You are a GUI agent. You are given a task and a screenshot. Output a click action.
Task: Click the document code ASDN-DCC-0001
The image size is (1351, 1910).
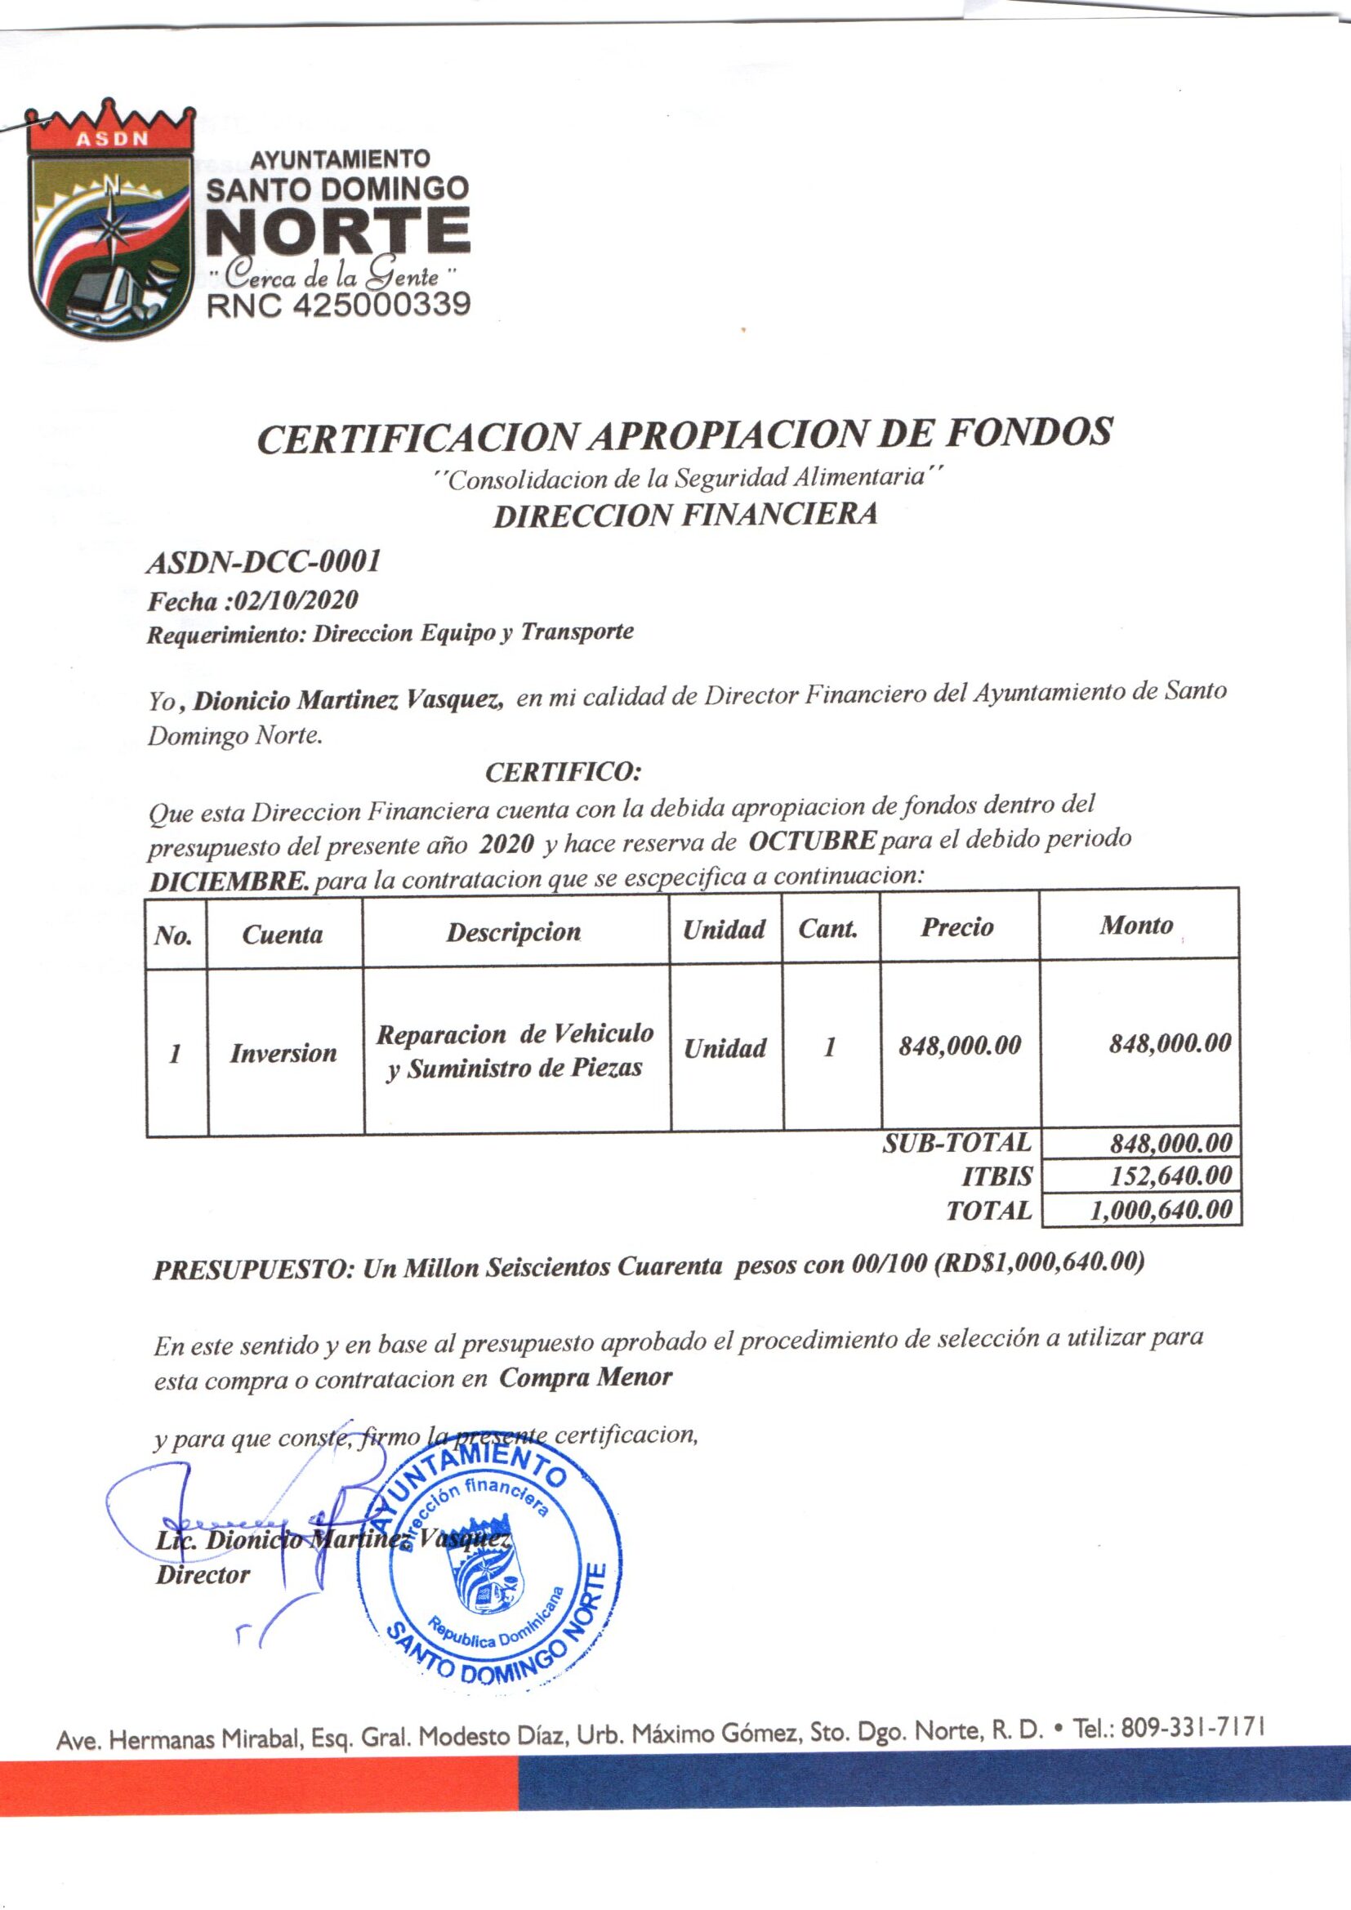pyautogui.click(x=264, y=563)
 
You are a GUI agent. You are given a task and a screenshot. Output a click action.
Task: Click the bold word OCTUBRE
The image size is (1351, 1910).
pyautogui.click(x=812, y=840)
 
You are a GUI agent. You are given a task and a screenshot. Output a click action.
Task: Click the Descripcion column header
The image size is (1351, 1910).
pyautogui.click(x=513, y=931)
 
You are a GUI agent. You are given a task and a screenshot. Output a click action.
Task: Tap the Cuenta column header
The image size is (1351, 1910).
pyautogui.click(x=283, y=935)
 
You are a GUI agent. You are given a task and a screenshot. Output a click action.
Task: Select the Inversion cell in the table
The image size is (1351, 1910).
pyautogui.click(x=283, y=1053)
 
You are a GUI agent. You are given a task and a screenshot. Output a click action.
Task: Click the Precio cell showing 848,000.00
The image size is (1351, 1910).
pyautogui.click(x=959, y=1046)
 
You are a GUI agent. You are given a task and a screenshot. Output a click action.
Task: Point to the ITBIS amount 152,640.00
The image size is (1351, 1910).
pyautogui.click(x=1170, y=1176)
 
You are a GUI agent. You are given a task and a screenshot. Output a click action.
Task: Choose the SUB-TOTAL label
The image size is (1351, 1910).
pyautogui.click(x=956, y=1142)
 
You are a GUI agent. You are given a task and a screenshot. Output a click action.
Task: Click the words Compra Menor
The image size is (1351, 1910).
pyautogui.click(x=586, y=1377)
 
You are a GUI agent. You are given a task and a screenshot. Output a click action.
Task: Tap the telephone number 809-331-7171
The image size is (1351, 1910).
pyautogui.click(x=1193, y=1728)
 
